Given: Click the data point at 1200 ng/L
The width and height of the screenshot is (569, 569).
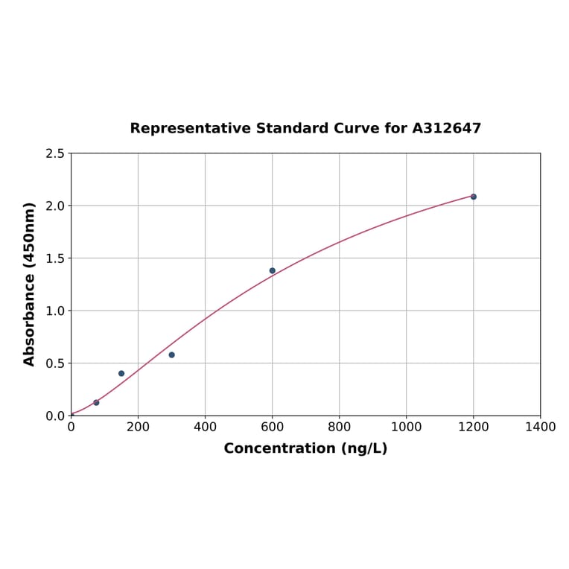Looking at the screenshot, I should click(x=473, y=197).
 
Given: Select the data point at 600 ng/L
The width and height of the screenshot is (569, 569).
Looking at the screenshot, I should click(x=272, y=270).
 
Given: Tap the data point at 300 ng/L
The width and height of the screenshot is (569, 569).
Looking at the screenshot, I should click(x=171, y=355).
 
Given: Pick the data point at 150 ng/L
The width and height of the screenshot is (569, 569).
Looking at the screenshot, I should click(x=121, y=373).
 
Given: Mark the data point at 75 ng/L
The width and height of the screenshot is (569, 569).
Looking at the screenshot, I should click(x=96, y=402).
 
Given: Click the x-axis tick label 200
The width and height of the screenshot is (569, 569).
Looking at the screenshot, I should click(x=138, y=427).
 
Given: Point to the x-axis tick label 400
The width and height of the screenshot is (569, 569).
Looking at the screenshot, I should click(x=205, y=427).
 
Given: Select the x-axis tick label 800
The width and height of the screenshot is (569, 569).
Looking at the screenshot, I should click(x=339, y=427).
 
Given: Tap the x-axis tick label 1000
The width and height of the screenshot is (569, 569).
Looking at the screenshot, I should click(x=406, y=427).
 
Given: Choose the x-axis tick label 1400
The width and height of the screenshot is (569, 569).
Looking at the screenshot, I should click(x=540, y=427).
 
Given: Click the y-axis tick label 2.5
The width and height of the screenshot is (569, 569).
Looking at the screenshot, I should click(x=55, y=153).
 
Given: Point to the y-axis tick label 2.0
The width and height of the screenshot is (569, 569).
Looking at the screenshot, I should click(x=55, y=206).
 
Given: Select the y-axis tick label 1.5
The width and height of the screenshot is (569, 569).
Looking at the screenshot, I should click(x=55, y=258).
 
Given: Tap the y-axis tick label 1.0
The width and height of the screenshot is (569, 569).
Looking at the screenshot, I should click(x=55, y=311).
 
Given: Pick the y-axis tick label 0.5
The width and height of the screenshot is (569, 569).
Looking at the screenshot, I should click(x=55, y=363).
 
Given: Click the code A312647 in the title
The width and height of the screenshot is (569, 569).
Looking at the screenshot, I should click(x=447, y=128).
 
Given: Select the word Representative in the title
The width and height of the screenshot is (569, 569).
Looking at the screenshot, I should click(x=191, y=128).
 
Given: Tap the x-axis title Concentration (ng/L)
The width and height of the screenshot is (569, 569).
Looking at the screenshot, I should click(x=305, y=448).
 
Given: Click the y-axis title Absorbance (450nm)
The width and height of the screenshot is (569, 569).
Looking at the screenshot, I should click(x=30, y=284).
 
